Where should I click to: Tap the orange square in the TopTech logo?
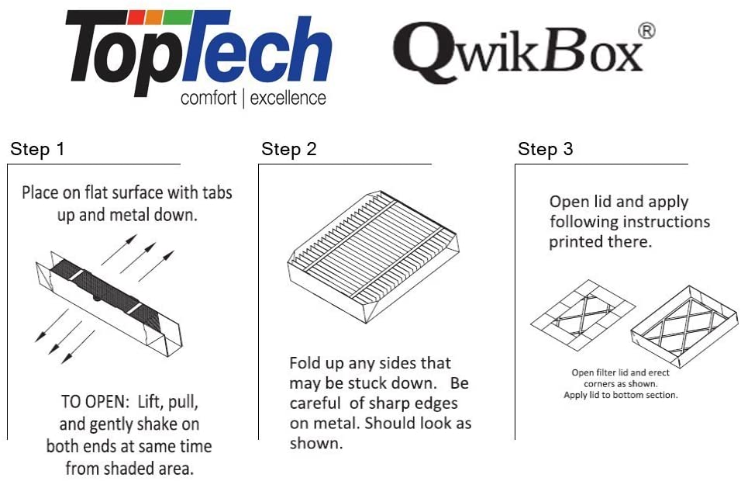coord(153,18)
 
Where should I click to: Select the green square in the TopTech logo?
coord(177,17)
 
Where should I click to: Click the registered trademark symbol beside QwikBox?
coord(646,31)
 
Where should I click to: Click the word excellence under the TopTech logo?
coord(288,99)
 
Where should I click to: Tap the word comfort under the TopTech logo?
coord(209,99)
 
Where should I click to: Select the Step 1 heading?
coord(37,149)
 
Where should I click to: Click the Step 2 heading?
coord(289,149)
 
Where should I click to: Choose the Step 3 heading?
coord(546,149)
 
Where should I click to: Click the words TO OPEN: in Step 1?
coord(95,402)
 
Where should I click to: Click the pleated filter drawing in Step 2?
coord(374,256)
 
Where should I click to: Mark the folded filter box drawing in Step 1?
coord(109,303)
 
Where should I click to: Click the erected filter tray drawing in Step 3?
coord(684,327)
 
